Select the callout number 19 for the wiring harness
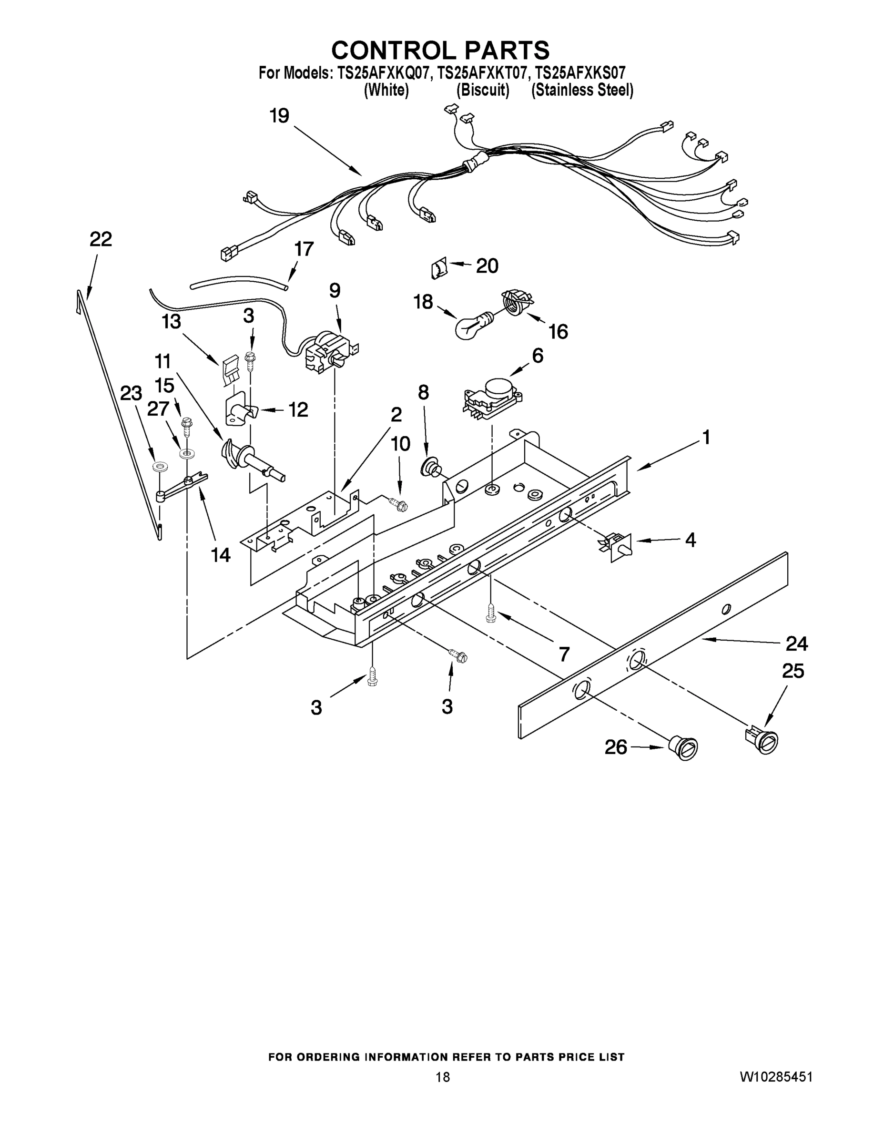[279, 116]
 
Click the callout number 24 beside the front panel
[796, 643]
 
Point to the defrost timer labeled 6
[493, 399]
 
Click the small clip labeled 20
[438, 269]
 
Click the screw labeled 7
[491, 613]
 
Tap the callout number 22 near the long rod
[101, 239]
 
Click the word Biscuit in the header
[482, 90]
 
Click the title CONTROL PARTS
[440, 50]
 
